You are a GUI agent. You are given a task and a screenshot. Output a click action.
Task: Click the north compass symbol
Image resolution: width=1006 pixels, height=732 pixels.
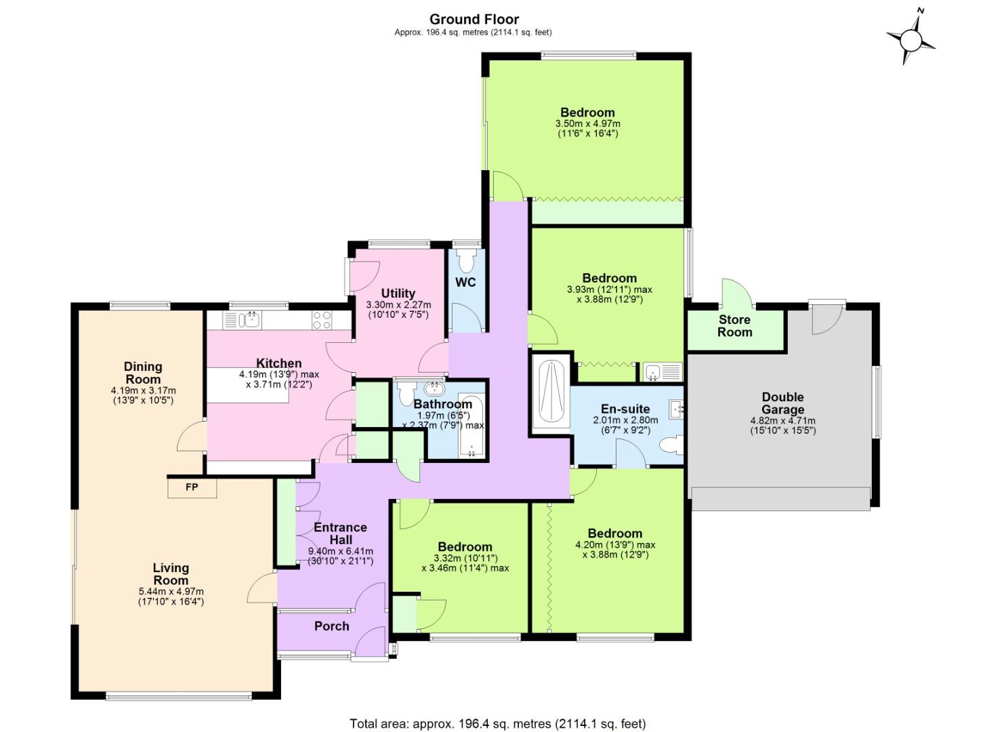(x=910, y=39)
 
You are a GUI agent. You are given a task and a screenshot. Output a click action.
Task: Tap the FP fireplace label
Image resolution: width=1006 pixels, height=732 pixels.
(x=192, y=487)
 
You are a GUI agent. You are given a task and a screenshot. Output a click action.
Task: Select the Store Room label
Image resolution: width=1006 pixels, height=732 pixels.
(x=734, y=326)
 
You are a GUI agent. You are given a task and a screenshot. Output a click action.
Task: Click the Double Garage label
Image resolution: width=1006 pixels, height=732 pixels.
(x=782, y=403)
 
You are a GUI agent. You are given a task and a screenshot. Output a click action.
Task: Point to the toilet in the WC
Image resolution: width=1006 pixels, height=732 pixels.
(x=466, y=260)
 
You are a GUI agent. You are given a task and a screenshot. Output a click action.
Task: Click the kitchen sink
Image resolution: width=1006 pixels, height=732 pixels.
(x=250, y=320)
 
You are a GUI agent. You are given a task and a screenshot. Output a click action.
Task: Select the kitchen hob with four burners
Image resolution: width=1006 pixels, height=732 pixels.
(x=321, y=320)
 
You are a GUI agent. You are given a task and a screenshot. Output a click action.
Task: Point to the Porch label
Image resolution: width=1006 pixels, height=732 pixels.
(x=331, y=626)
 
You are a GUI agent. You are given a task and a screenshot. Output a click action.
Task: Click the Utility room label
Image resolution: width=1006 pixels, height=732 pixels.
(x=398, y=293)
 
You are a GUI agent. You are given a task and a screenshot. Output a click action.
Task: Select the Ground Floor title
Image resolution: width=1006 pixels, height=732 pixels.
(x=474, y=19)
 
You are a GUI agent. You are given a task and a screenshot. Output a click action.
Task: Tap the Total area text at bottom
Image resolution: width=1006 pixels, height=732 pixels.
(x=497, y=724)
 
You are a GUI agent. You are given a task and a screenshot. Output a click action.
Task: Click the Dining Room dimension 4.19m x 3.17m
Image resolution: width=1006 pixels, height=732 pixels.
(x=143, y=390)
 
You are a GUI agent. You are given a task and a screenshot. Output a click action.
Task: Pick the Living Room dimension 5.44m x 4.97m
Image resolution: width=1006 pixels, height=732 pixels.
(x=171, y=592)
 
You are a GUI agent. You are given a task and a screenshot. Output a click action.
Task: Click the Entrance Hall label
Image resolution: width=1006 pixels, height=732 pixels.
(x=340, y=533)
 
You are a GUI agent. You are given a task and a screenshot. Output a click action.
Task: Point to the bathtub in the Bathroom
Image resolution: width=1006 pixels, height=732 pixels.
(x=471, y=426)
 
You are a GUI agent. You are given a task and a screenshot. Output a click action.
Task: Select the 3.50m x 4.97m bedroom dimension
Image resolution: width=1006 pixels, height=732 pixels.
(x=587, y=124)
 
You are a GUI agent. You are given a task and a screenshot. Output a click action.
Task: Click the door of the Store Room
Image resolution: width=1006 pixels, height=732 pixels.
(x=737, y=293)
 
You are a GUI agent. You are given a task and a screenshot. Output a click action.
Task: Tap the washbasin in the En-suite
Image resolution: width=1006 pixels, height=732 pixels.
(x=677, y=409)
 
